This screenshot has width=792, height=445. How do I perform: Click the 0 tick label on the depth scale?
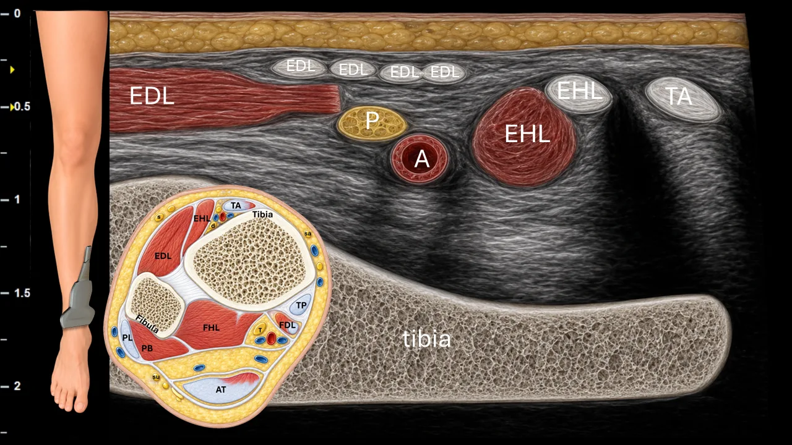pos(17,14)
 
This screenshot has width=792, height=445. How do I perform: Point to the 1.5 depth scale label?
pos(22,293)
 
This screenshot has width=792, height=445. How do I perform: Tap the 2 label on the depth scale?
pos(17,386)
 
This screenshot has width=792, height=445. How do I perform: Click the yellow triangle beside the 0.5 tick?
pos(12,107)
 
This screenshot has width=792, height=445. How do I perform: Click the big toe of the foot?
pos(80,406)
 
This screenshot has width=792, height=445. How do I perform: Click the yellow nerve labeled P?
pos(372,123)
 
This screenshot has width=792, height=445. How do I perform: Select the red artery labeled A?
pos(420,158)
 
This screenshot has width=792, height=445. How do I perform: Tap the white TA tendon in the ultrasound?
pos(683,99)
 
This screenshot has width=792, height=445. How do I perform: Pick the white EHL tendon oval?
pos(579,93)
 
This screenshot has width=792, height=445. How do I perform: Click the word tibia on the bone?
pos(427,339)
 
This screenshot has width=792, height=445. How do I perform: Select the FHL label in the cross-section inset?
pos(211,328)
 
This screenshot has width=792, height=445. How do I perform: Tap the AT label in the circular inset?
pos(221,389)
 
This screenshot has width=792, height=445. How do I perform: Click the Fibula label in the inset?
pos(147,324)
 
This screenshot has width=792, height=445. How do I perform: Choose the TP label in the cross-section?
pos(301,305)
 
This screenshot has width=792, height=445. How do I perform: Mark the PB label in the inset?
pos(147,348)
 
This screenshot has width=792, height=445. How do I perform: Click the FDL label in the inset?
pos(287,325)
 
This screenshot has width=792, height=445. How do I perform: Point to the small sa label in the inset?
pos(308,234)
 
